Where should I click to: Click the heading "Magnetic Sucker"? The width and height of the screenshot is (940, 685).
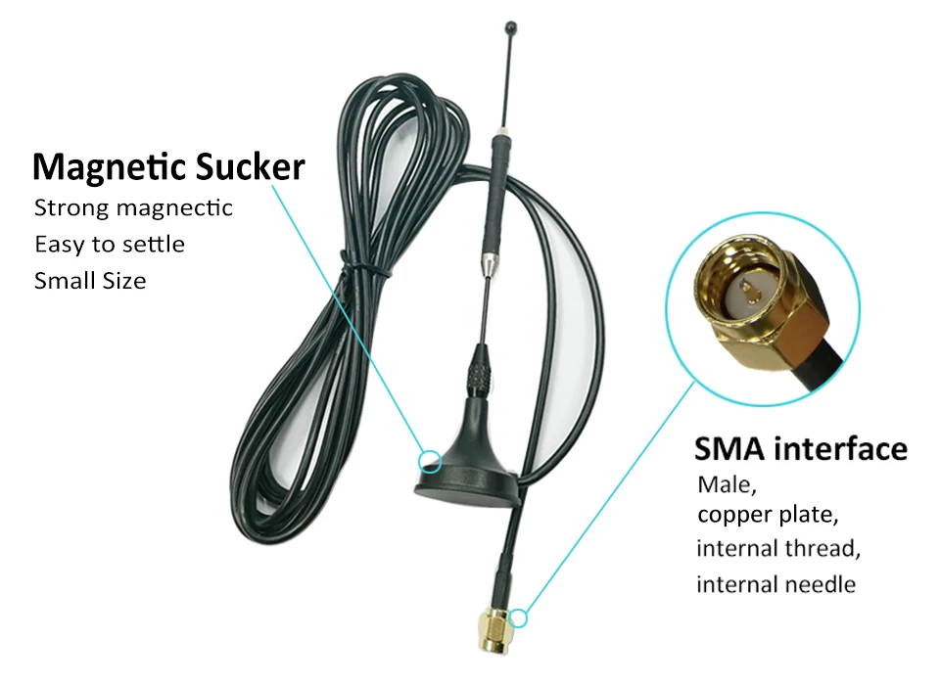pyautogui.click(x=168, y=167)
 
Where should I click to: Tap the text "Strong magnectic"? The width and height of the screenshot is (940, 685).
pyautogui.click(x=133, y=207)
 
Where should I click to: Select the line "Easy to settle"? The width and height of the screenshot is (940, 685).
pyautogui.click(x=109, y=244)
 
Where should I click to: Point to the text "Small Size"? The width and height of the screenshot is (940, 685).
pyautogui.click(x=90, y=281)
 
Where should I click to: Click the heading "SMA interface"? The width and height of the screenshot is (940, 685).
pyautogui.click(x=800, y=449)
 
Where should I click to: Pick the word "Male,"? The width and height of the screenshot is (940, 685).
pyautogui.click(x=728, y=483)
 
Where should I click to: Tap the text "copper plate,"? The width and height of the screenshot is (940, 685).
pyautogui.click(x=768, y=515)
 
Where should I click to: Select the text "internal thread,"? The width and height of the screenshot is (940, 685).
pyautogui.click(x=778, y=548)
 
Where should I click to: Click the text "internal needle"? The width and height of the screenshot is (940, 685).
pyautogui.click(x=775, y=584)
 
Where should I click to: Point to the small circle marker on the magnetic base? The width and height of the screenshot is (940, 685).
pyautogui.click(x=428, y=460)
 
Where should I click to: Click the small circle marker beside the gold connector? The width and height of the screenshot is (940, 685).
pyautogui.click(x=519, y=617)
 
